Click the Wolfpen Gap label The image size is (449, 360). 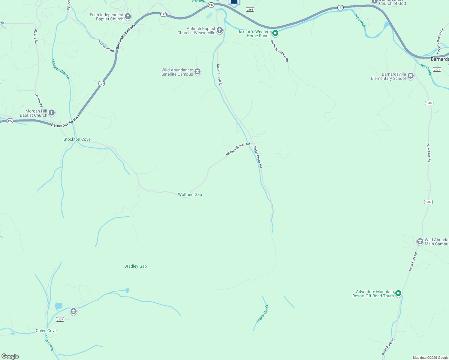click(190, 195)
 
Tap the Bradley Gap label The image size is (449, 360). click(135, 266)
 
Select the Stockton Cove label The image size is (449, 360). click(77, 139)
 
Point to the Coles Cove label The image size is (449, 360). click(46, 331)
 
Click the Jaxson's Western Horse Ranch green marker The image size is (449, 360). click(275, 33)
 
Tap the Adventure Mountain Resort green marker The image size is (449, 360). click(398, 293)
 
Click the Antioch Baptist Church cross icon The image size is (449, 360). click(220, 30)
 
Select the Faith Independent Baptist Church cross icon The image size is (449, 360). click(128, 16)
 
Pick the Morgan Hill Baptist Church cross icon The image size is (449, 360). click(52, 113)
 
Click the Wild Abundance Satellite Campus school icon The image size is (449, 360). click(197, 72)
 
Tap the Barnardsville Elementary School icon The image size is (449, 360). click(411, 76)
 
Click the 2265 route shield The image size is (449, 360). click(250, 10)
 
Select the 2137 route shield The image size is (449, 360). click(60, 319)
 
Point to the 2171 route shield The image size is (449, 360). click(437, 70)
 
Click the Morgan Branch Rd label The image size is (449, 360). click(238, 149)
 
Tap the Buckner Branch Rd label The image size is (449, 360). click(280, 51)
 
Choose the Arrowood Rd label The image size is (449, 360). click(106, 46)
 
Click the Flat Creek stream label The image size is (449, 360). click(49, 343)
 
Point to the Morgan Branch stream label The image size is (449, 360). click(60, 69)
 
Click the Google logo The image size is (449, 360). click(10, 356)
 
